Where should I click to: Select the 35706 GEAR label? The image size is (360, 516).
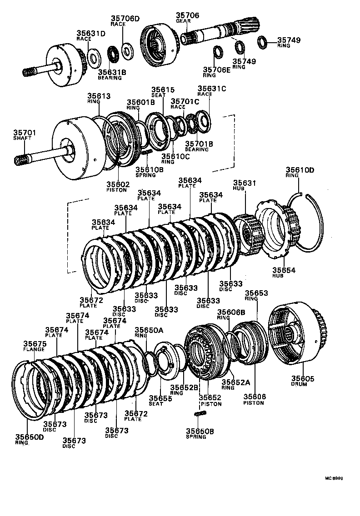[x=187, y=17]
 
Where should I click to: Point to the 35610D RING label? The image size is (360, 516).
[x=300, y=173]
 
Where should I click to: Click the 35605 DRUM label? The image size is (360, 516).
[x=302, y=381]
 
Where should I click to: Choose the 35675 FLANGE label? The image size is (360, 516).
[x=35, y=346]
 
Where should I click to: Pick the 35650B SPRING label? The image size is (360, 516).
[x=196, y=433]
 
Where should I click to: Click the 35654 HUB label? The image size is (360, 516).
[x=284, y=273]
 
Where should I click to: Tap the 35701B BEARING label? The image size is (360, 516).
[x=197, y=146]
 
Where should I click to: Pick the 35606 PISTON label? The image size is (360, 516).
[x=255, y=399]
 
